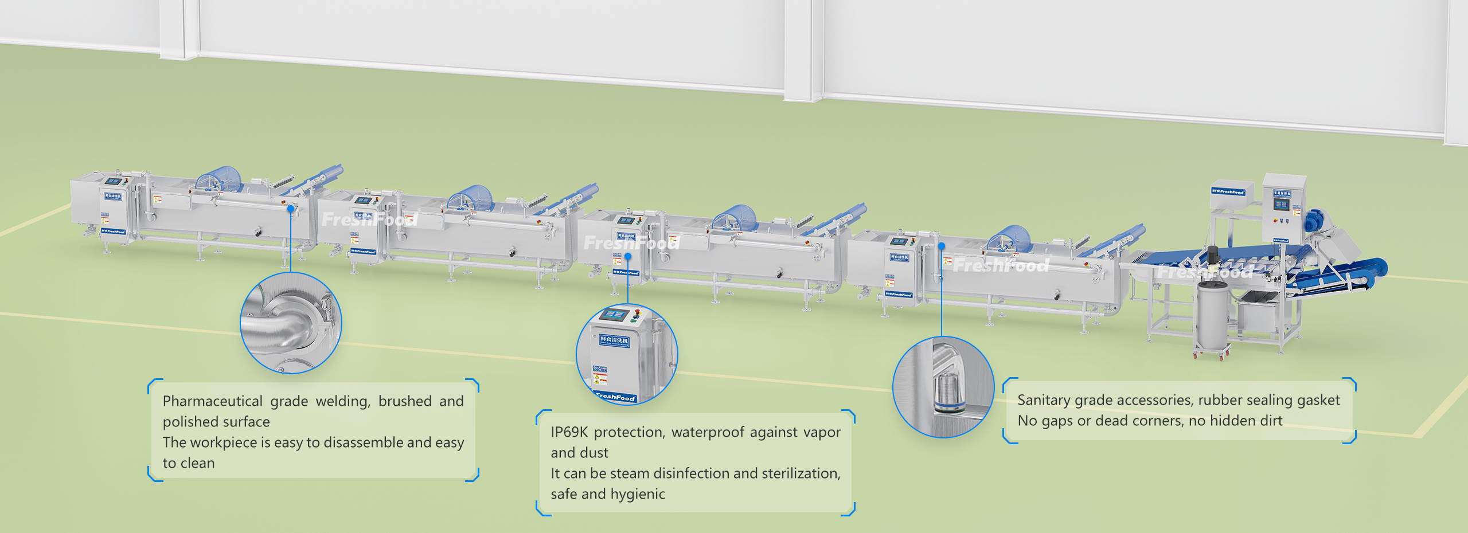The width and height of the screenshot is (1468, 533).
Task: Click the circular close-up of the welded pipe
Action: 291,323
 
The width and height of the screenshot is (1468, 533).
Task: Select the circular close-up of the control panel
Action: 627,354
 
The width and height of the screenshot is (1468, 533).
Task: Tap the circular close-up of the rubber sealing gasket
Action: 943,387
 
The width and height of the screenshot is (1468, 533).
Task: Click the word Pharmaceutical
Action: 212,401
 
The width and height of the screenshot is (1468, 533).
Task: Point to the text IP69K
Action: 569,432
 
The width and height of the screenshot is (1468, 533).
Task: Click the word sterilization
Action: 801,473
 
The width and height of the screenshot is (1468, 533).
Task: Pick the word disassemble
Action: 363,442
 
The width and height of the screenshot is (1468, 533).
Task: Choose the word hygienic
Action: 637,494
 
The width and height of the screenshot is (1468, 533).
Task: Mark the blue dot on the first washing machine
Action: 291,207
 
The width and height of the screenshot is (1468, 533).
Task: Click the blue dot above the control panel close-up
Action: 628,256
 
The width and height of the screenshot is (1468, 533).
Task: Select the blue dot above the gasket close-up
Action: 942,246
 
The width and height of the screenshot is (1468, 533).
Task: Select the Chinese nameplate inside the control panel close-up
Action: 614,340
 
